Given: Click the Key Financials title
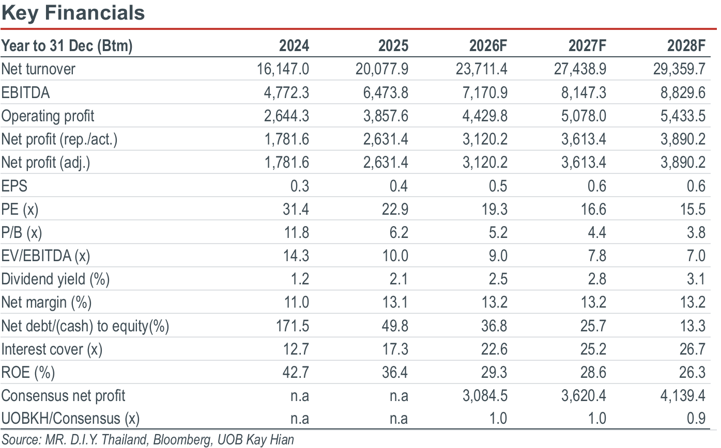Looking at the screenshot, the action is [73, 13].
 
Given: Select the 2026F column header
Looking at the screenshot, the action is [488, 45].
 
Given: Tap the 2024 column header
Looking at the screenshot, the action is [294, 45].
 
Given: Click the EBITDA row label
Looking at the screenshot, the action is [25, 92].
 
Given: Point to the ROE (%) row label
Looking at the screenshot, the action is [28, 373].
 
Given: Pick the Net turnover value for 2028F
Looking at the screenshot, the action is [679, 69].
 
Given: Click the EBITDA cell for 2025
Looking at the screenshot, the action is [386, 92].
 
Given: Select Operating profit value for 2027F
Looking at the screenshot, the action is [584, 116].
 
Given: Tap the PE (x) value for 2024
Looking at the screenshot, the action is [296, 209].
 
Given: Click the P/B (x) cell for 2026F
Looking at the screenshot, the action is [498, 232].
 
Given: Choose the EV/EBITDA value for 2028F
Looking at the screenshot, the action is [696, 256].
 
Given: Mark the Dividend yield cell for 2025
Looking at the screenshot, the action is [399, 279].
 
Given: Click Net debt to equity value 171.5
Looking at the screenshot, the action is [293, 326].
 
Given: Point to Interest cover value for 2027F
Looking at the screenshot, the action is [593, 349].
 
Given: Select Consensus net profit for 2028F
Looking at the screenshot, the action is [683, 396].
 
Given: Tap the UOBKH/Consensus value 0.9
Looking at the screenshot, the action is [696, 419].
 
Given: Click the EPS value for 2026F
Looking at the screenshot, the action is [498, 186].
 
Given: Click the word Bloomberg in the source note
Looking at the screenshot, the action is [182, 440].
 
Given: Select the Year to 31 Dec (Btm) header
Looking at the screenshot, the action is [67, 46].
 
